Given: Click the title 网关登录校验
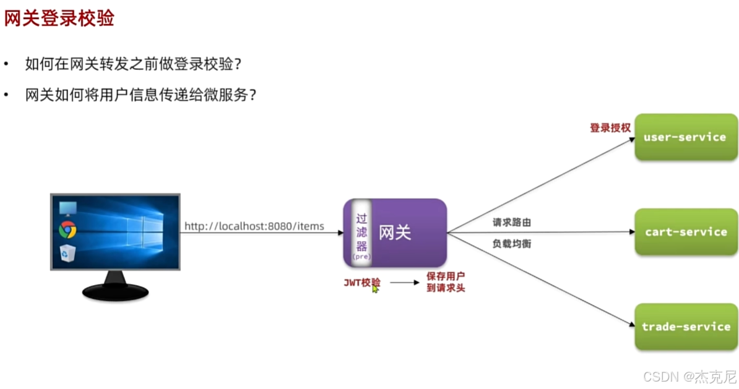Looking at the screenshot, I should tap(59, 18).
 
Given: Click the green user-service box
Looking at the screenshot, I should tap(686, 137).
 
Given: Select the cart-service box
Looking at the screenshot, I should tap(686, 232).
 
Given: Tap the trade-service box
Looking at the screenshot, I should tap(686, 327).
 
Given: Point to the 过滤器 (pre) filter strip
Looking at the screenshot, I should tap(361, 233).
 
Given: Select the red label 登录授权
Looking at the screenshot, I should tap(610, 128).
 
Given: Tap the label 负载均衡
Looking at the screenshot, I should tap(511, 244).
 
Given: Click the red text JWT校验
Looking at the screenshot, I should tap(362, 283).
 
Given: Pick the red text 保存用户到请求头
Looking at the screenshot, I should tap(445, 282).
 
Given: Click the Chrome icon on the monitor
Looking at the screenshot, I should tap(67, 231).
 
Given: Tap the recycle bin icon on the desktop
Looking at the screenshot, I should tap(67, 253).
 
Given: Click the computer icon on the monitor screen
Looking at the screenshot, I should tap(67, 208).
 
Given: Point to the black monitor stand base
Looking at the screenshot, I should tap(115, 291).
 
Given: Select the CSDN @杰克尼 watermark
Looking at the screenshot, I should tap(688, 376).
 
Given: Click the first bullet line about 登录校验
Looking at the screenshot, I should tap(132, 64).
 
